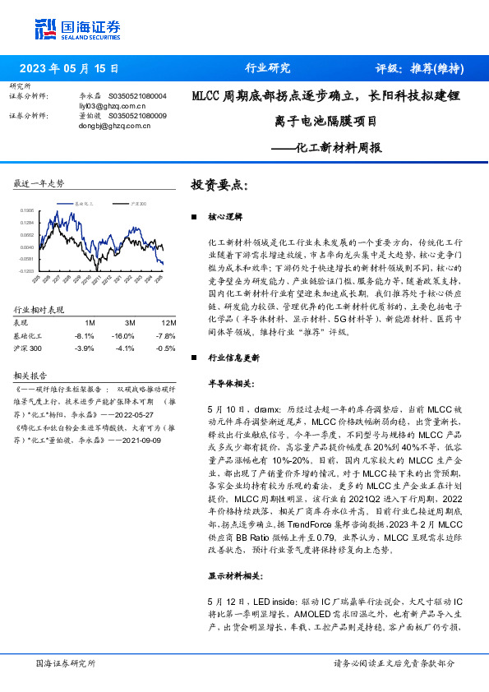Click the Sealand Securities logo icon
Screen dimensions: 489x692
46,29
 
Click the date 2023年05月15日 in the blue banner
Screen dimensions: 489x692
68,69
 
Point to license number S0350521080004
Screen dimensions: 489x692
137,96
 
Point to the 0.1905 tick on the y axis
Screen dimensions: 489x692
27,210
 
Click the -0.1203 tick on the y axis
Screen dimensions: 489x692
27,270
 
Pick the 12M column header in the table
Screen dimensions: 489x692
168,323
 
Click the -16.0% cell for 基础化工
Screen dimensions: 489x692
123,335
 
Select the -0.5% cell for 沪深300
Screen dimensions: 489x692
167,348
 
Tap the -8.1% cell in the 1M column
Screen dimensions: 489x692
84,335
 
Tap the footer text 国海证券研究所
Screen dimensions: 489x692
67,663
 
